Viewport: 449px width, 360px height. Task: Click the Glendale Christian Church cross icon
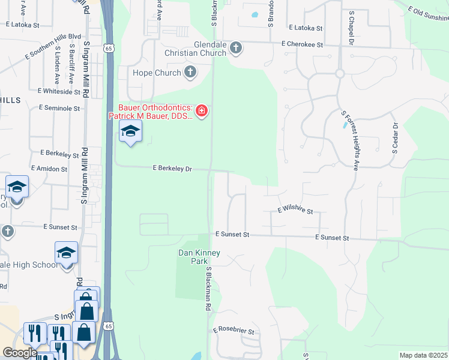pos(236,48)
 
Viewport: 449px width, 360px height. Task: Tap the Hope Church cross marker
pos(190,73)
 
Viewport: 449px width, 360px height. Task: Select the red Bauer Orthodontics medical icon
pos(202,110)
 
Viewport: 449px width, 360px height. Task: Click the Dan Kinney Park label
pos(199,257)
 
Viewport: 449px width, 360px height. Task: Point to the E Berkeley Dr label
pos(172,169)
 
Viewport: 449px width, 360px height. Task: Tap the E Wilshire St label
pos(295,211)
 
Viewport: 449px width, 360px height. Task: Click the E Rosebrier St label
pos(234,331)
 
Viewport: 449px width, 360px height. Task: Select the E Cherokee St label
pos(302,44)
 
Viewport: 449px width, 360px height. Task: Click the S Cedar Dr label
pos(395,139)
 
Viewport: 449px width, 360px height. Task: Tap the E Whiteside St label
pos(58,91)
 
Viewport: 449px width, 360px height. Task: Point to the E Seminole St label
pos(59,108)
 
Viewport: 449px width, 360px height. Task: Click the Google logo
pos(19,353)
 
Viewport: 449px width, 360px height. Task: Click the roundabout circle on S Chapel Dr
pos(339,73)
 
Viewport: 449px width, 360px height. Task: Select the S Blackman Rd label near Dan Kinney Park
pos(209,289)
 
